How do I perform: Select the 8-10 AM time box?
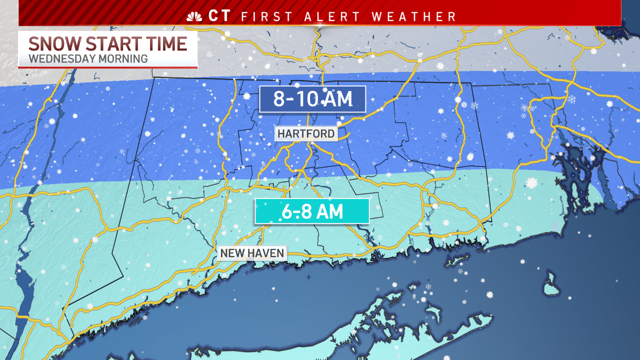312,99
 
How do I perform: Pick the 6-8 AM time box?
312,211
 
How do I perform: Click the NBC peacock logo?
193,16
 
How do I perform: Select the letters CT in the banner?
220,16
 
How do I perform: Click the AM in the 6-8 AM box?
329,211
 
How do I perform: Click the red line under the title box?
108,66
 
